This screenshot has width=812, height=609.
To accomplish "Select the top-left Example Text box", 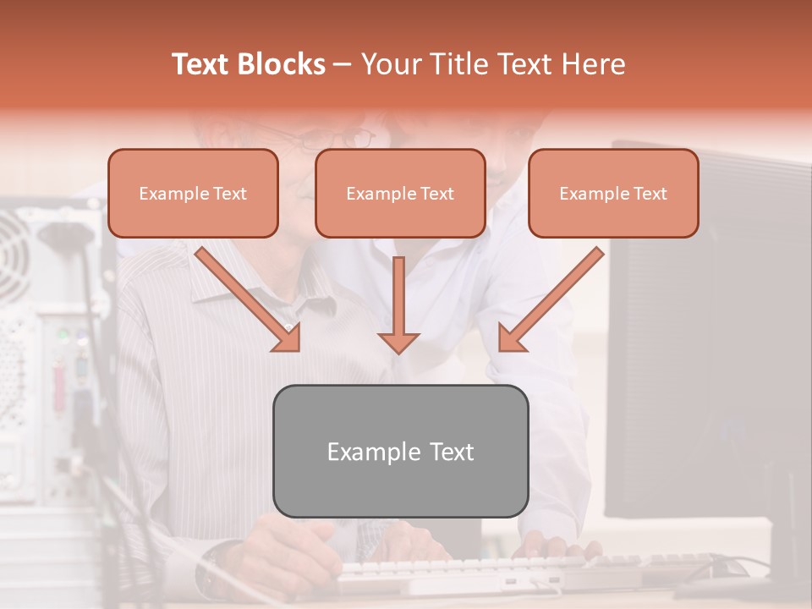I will click(193, 194).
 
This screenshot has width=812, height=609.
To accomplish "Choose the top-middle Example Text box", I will click(400, 194).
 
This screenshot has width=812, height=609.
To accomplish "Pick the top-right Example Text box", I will click(613, 194).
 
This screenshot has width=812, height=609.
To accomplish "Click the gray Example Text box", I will click(400, 451).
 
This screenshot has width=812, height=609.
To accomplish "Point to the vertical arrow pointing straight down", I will click(398, 304).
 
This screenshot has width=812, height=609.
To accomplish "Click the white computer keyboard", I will click(474, 572).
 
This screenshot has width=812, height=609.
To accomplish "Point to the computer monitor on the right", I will click(710, 338).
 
